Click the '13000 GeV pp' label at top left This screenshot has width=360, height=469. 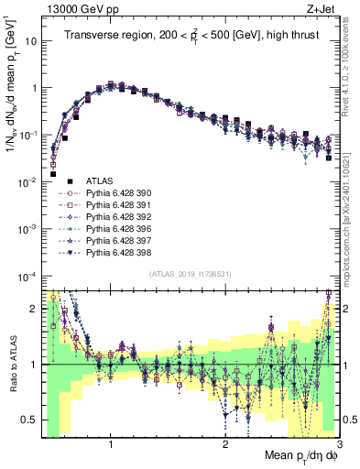[x=75, y=8]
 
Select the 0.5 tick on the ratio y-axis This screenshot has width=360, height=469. [x=31, y=419]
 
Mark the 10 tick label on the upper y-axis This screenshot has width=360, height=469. [x=31, y=41]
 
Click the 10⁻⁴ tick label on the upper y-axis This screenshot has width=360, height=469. [x=27, y=276]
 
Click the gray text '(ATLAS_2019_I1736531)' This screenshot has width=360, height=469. [x=191, y=275]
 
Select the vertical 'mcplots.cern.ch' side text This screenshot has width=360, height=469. [x=352, y=220]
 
